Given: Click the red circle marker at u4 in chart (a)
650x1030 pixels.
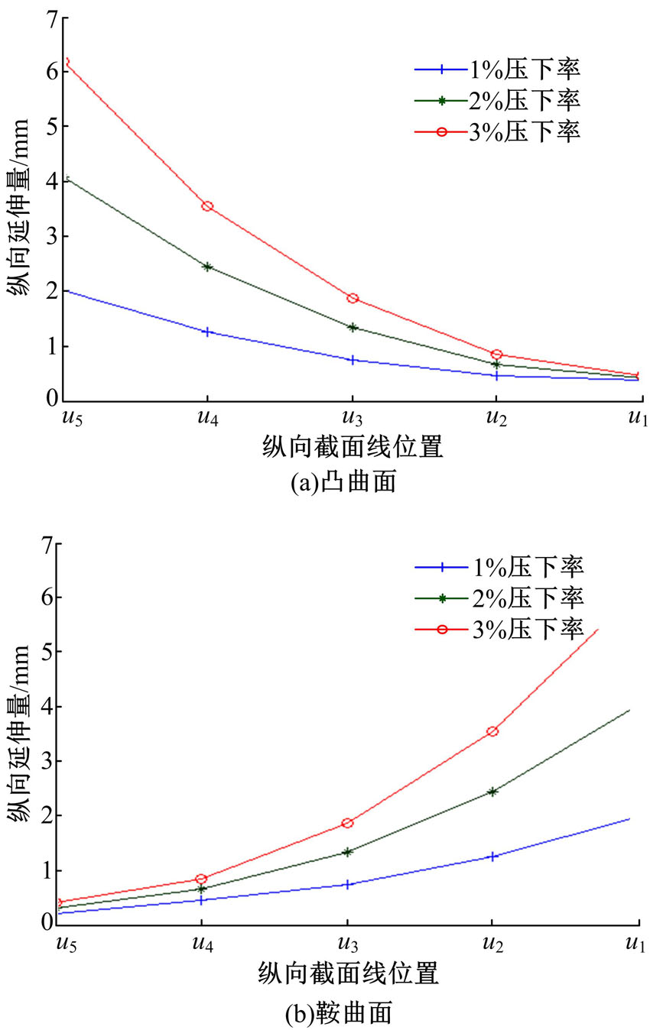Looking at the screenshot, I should [x=207, y=206].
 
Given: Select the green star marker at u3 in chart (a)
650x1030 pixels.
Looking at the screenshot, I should [x=352, y=327].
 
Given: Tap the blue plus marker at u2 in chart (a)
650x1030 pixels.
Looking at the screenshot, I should [x=496, y=375].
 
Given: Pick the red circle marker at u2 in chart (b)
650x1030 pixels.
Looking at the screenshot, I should [x=492, y=731].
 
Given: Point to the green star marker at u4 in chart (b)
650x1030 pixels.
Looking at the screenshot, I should [x=202, y=889].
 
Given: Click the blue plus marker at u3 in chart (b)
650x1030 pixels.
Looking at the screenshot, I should [x=347, y=884].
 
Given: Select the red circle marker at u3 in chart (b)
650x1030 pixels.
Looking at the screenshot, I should [x=347, y=823].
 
